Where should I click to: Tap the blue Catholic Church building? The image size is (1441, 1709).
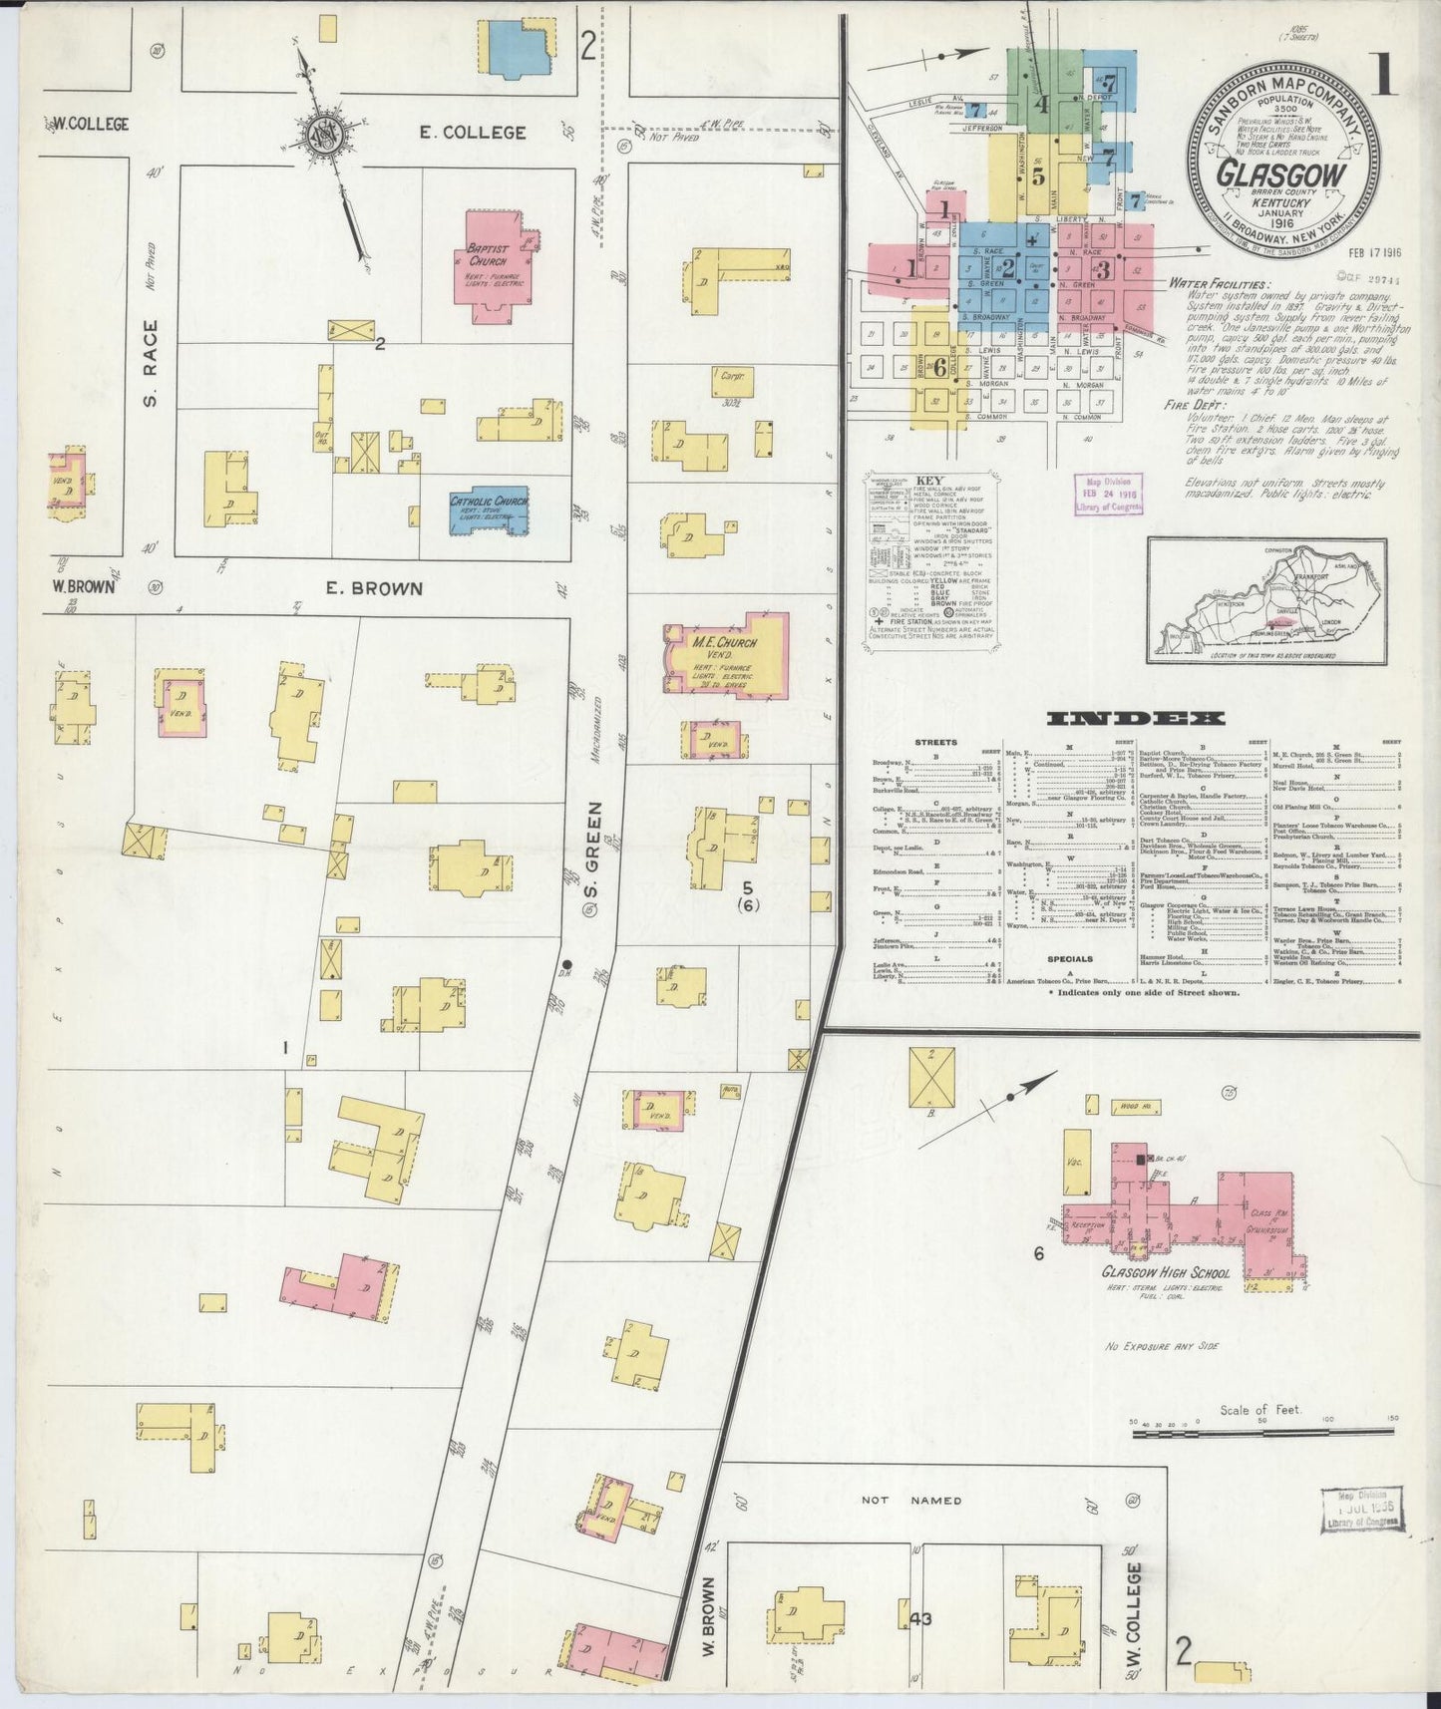tap(488, 512)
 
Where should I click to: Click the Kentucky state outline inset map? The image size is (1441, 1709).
tap(1265, 600)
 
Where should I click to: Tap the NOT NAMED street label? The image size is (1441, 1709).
tap(913, 1500)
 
